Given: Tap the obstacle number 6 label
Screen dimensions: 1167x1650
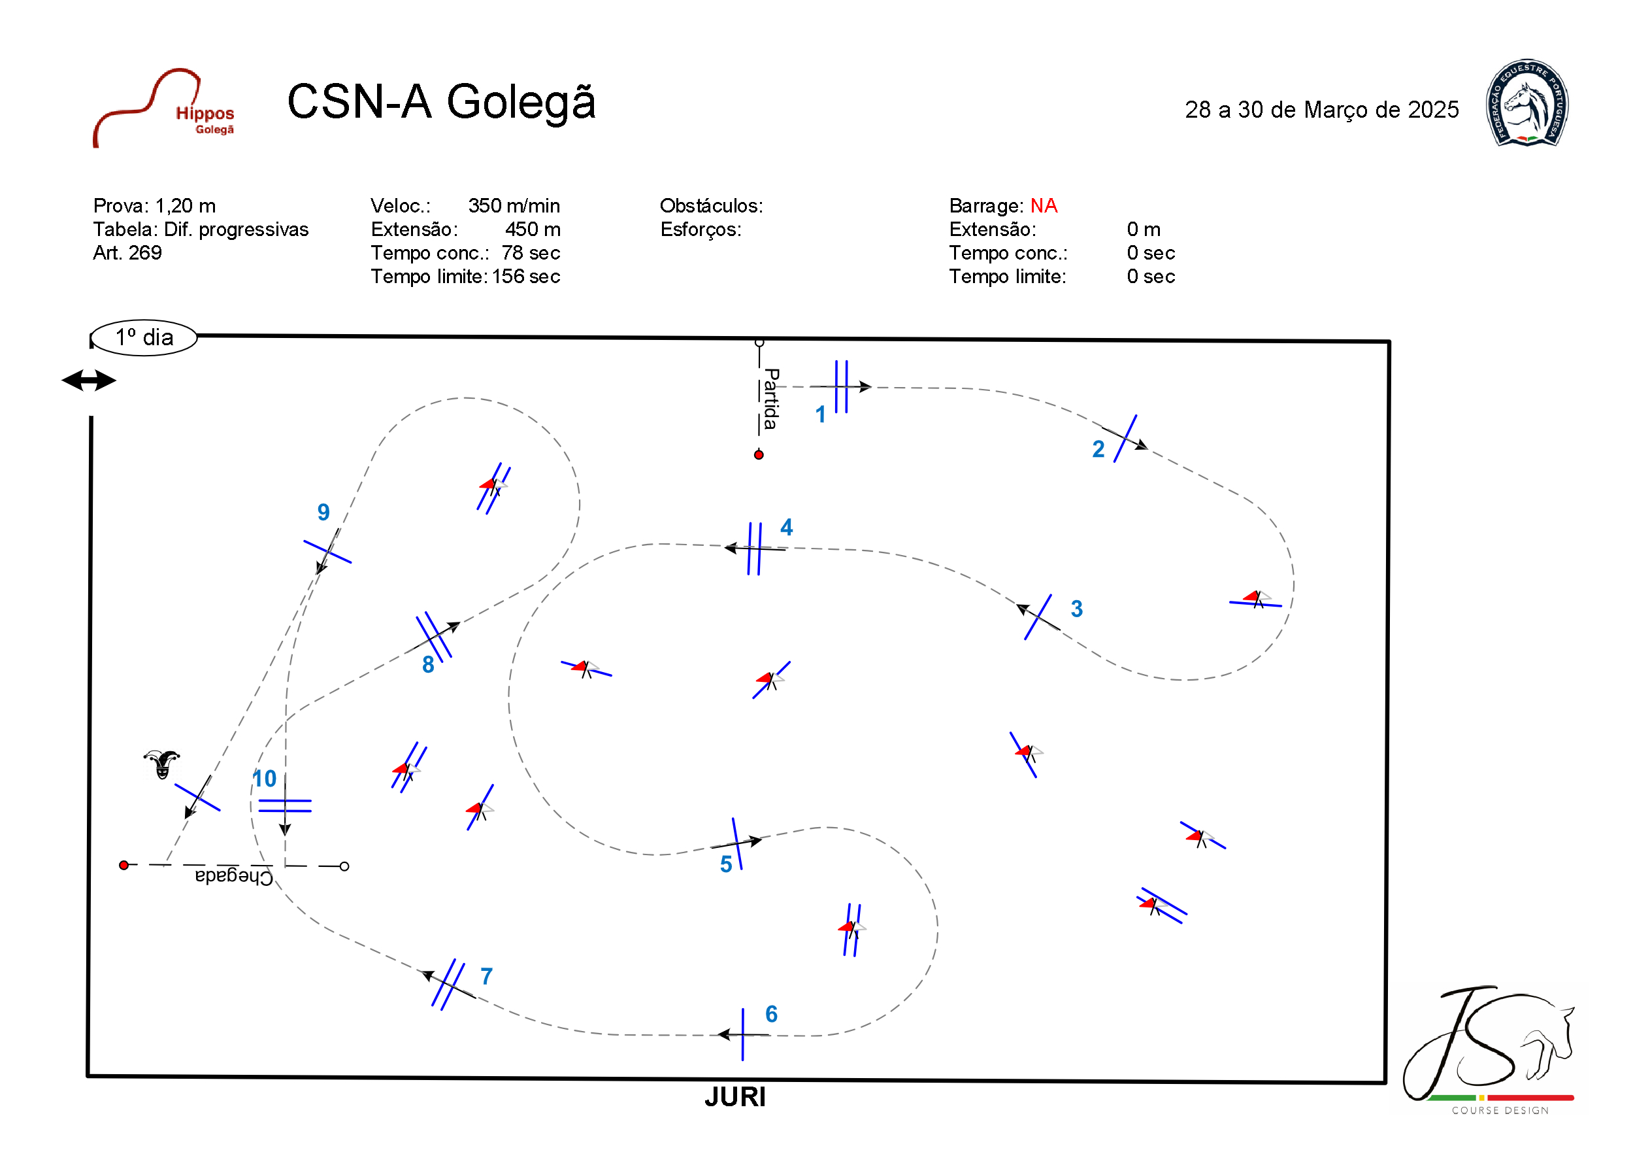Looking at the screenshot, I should [x=771, y=1014].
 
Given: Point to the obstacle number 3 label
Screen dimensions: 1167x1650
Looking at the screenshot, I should [x=1076, y=609].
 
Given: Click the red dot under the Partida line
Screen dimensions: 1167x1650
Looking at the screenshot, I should [x=759, y=454].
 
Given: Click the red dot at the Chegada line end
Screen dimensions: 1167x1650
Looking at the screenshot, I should [x=124, y=865].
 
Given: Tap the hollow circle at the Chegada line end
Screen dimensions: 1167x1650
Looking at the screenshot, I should [x=344, y=866].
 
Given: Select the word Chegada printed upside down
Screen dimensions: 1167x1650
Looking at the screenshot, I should [x=233, y=876].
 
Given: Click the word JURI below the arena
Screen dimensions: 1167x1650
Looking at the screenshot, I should [x=734, y=1097].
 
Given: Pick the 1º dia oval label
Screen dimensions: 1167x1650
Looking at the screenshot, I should [x=144, y=337].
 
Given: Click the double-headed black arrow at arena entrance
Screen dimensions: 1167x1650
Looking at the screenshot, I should [x=88, y=381].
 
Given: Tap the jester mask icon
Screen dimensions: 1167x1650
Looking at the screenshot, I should [x=161, y=764].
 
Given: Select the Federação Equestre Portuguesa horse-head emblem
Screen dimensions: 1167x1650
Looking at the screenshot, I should [x=1527, y=103].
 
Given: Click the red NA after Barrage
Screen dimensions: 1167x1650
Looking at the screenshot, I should [x=1044, y=206].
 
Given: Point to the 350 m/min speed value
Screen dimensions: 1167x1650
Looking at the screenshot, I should [x=514, y=206].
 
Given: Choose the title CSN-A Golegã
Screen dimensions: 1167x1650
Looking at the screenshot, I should [x=441, y=101].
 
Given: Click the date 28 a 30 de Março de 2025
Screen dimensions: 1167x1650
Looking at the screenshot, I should [x=1321, y=109].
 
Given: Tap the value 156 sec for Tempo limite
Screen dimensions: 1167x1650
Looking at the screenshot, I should [x=526, y=276].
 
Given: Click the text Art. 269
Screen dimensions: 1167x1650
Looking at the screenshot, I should [x=127, y=253].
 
